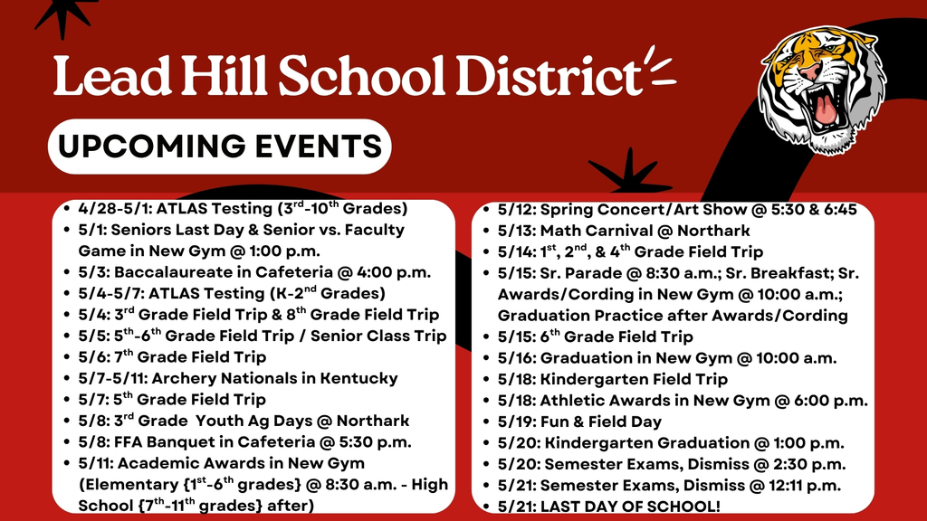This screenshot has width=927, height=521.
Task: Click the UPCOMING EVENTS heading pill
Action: click(219, 146)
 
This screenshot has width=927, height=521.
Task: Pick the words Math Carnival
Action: click(592, 231)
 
